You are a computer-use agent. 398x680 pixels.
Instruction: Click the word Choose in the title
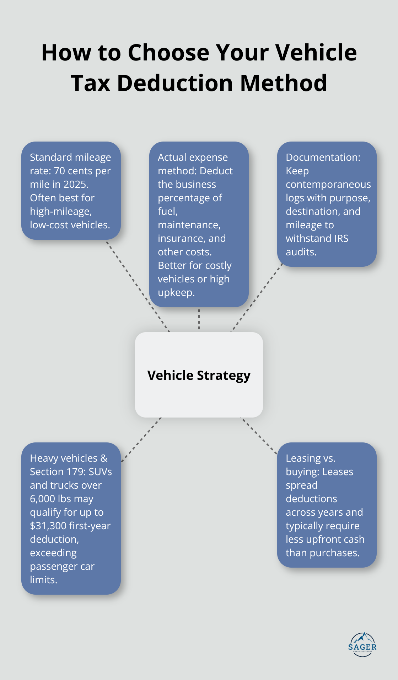168,53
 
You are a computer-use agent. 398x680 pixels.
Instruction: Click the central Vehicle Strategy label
199,375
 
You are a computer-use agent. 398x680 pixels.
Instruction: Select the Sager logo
362,644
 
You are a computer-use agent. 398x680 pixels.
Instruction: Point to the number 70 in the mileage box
59,171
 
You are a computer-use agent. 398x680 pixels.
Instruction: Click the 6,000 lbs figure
50,499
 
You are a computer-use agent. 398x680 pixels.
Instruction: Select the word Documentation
323,157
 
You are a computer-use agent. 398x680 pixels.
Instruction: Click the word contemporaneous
328,184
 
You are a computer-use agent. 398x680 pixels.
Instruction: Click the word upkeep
176,293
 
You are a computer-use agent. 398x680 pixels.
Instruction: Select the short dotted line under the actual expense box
199,319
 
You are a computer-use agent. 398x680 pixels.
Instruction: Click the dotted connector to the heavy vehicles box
141,440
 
